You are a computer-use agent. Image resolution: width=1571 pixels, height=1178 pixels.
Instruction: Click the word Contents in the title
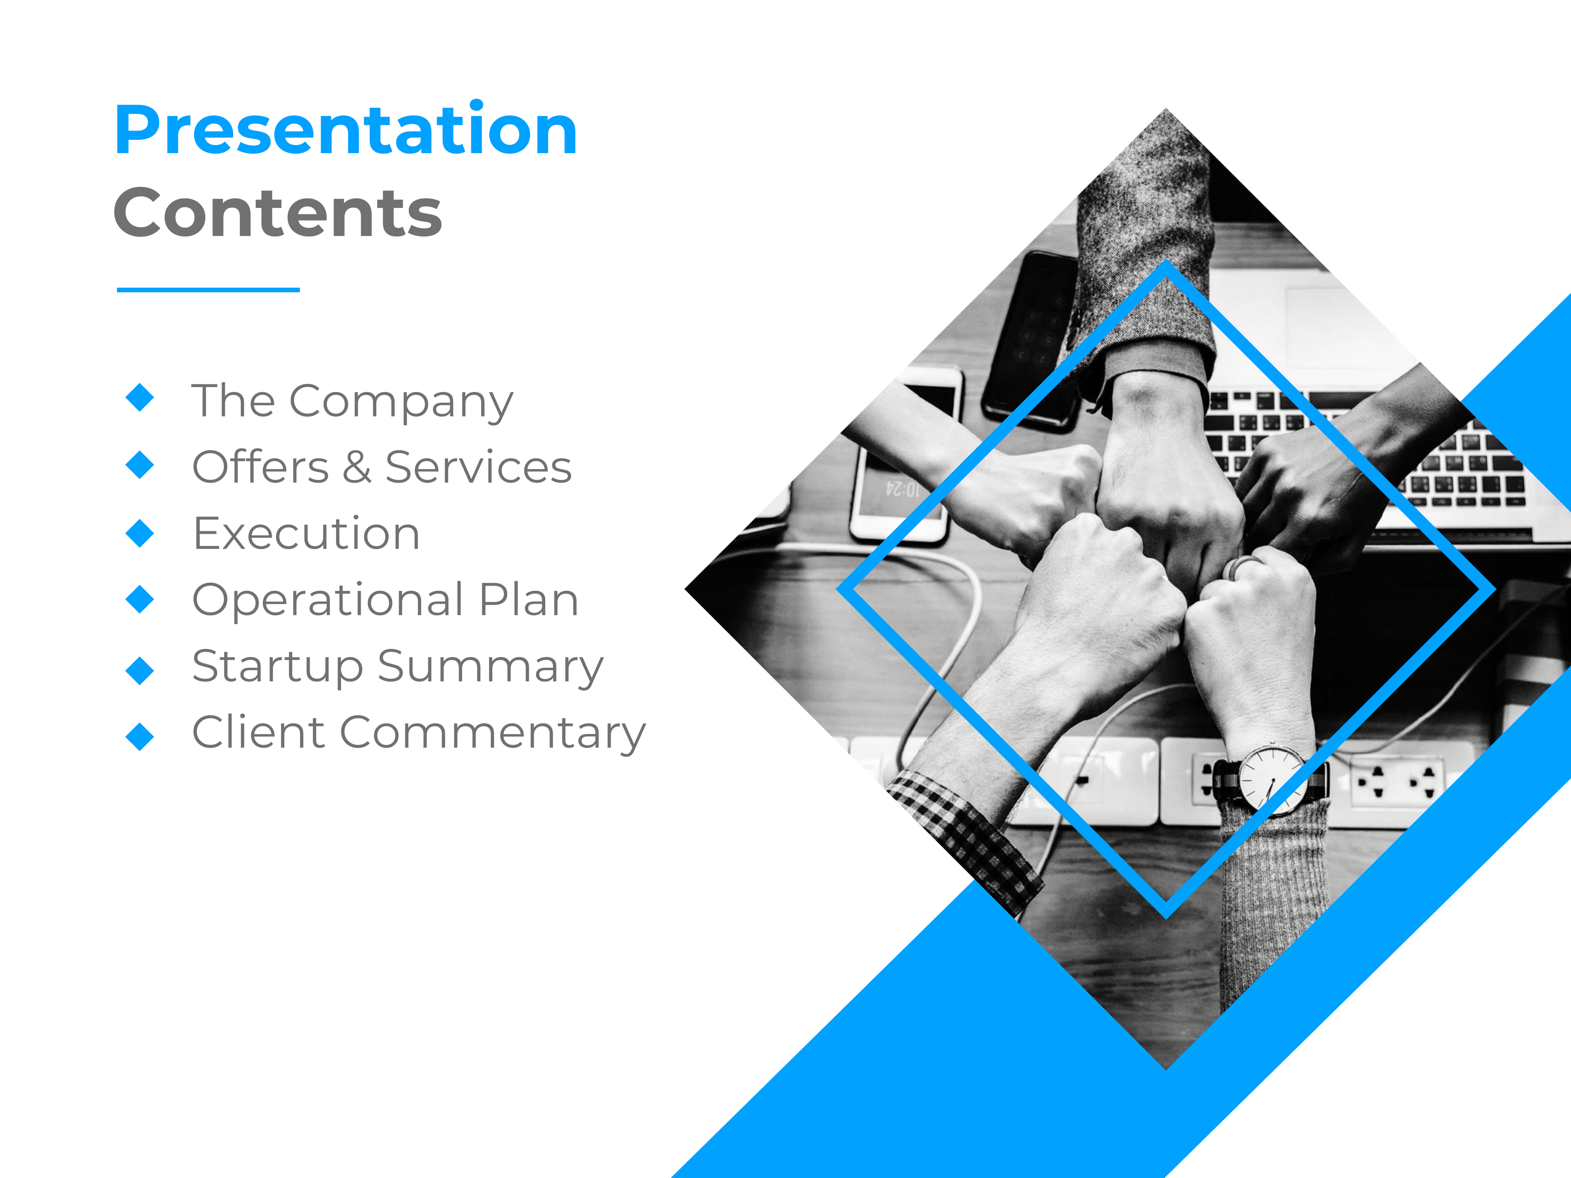(x=278, y=212)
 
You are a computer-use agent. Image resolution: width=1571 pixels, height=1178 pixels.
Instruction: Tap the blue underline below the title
(x=208, y=290)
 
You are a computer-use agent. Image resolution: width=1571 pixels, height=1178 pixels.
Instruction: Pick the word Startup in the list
(x=278, y=667)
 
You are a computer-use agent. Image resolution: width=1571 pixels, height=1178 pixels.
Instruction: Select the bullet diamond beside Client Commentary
(x=140, y=736)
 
